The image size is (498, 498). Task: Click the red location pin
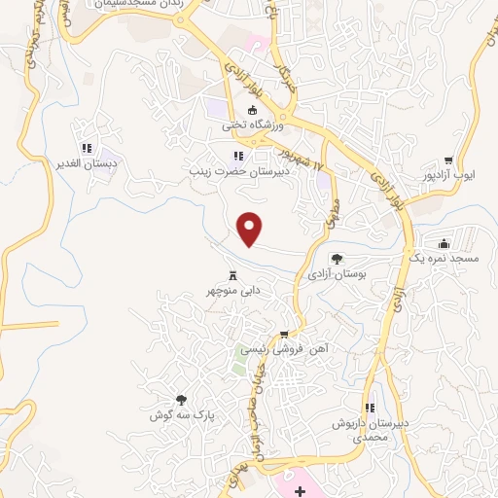(x=251, y=228)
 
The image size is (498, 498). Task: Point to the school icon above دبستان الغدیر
(x=87, y=149)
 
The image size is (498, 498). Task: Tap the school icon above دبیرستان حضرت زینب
(x=238, y=156)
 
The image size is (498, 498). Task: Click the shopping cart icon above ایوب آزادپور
(x=448, y=161)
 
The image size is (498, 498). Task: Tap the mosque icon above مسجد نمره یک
(x=445, y=242)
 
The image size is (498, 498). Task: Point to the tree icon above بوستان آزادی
(x=337, y=259)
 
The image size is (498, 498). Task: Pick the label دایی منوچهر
(x=234, y=290)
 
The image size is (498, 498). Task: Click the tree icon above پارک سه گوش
(x=181, y=399)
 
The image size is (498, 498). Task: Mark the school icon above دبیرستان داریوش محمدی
(x=369, y=408)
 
